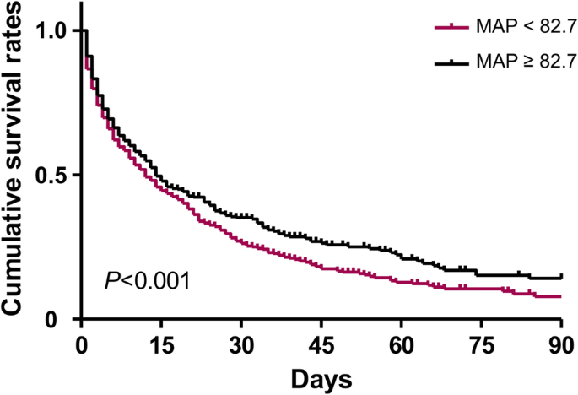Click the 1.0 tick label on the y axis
52,31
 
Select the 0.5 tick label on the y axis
52,176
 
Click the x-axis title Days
321,377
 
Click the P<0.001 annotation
147,279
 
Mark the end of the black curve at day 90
561,277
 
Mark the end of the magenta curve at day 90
561,296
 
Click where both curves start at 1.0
82,31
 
